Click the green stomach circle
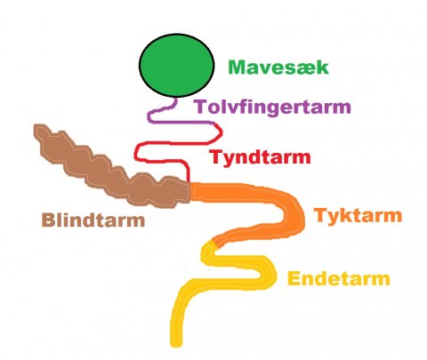176,65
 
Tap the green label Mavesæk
278,68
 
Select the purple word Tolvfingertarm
272,108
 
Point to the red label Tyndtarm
260,157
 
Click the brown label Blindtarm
93,220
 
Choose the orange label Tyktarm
359,215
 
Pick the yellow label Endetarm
339,278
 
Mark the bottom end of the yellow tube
176,345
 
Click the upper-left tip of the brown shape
36,127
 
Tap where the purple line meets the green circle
176,98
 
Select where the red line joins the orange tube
188,182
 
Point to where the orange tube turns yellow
213,244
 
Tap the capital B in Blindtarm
48,220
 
